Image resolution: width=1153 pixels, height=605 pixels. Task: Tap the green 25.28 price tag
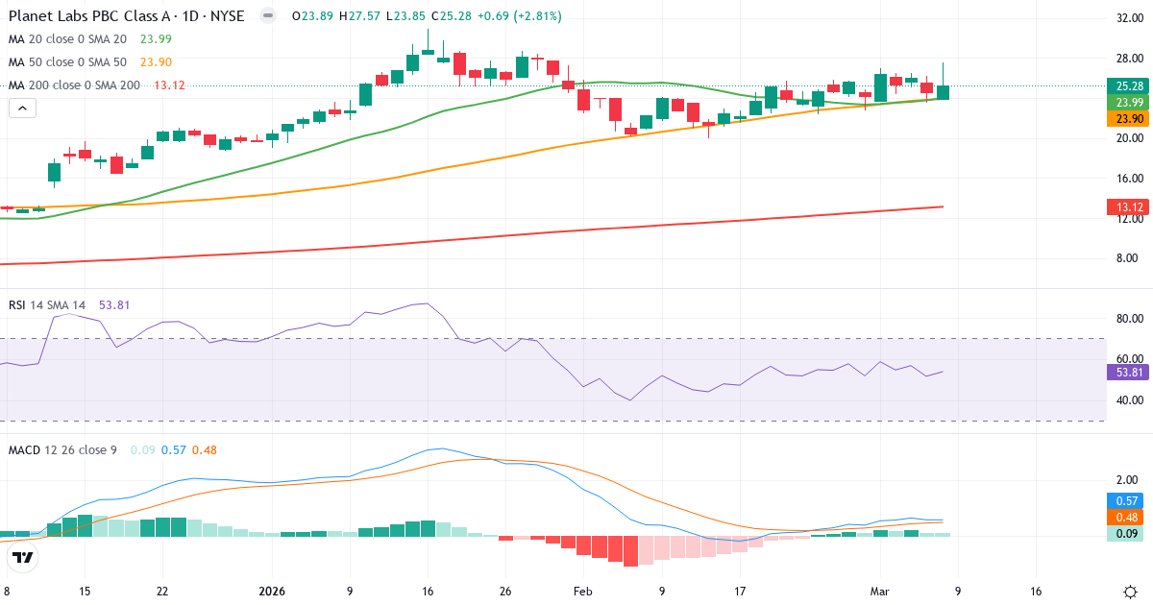coord(1129,85)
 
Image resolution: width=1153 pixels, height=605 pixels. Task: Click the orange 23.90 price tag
coord(1129,119)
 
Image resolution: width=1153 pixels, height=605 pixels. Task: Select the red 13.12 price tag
coord(1129,206)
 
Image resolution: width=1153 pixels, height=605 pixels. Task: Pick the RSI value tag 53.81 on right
coord(1129,373)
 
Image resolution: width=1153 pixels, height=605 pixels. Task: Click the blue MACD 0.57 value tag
coord(1129,500)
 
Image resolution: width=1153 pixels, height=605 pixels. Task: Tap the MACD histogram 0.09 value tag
coord(1129,533)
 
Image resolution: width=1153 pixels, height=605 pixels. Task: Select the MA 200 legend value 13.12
coord(169,85)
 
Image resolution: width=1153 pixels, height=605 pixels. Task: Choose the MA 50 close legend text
coord(67,62)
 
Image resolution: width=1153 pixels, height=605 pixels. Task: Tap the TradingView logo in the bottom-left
coord(23,557)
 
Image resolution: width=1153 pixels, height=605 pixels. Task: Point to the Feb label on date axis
coord(583,592)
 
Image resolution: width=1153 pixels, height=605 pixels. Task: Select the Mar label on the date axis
coord(879,592)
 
